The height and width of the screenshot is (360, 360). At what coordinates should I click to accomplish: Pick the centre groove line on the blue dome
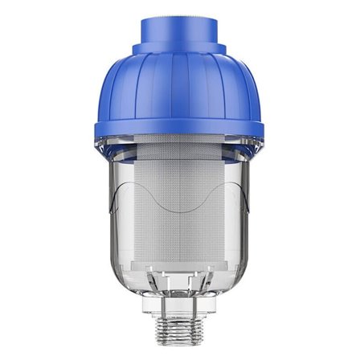(x=179, y=96)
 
